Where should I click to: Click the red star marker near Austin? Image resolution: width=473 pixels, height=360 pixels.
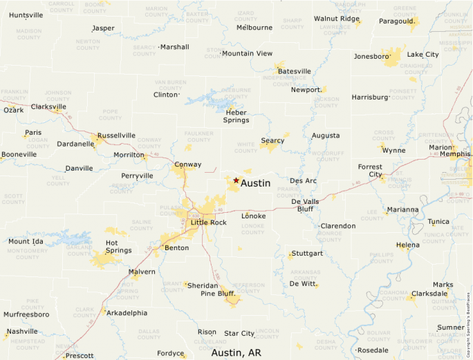(236, 180)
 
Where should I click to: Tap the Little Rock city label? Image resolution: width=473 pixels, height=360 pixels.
(208, 222)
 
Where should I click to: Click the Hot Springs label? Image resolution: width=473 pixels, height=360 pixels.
(118, 247)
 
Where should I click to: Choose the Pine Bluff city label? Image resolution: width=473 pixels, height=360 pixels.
(218, 294)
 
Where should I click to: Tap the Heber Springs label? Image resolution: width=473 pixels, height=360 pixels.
(236, 116)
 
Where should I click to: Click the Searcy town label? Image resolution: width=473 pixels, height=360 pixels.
(272, 141)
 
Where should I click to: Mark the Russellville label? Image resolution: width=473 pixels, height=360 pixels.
(116, 135)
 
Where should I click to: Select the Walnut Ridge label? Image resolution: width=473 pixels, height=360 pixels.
(337, 19)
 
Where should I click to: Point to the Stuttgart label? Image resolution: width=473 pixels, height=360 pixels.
(308, 254)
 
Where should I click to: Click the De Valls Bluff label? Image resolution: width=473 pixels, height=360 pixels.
(306, 205)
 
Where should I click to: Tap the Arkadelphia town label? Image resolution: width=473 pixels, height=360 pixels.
(127, 312)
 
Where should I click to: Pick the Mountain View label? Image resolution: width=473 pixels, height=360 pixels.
(247, 53)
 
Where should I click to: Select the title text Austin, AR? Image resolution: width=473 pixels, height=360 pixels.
(236, 352)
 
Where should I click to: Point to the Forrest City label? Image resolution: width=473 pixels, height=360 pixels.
(370, 171)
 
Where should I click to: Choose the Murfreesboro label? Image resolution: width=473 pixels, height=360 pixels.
(26, 314)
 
